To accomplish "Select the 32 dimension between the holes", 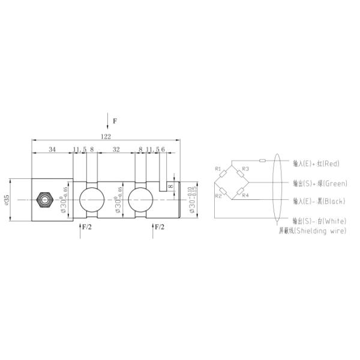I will point(116,149).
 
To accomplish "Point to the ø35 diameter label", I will point(7,200).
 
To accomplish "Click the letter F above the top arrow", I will point(115,121).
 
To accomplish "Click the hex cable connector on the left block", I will point(44,199).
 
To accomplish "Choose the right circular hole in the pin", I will point(140,199).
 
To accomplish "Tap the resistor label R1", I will point(217,169).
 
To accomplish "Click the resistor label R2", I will point(219,196).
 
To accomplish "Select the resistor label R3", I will point(245,169).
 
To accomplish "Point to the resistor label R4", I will point(246,195).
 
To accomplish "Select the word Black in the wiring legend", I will point(334,202).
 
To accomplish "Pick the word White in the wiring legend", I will point(334,221).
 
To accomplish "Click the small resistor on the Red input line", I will point(262,161).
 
